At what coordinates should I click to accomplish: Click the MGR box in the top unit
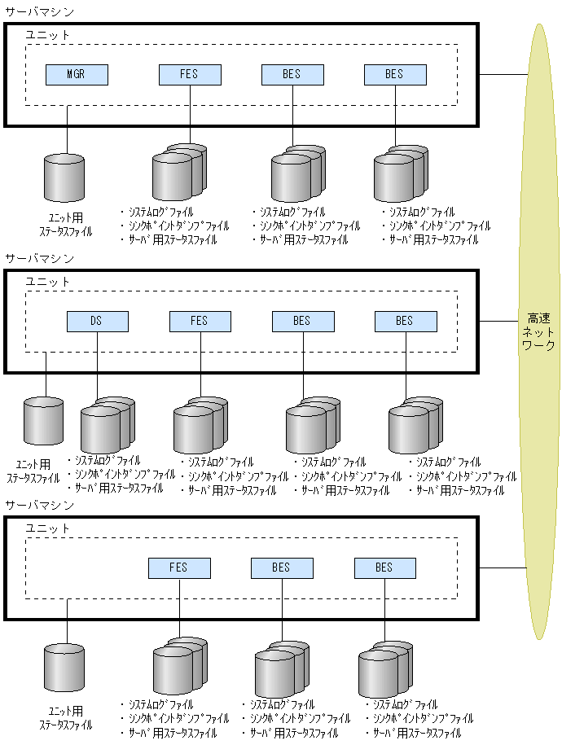pos(77,74)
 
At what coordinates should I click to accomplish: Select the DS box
pos(97,321)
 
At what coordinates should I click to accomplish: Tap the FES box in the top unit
pos(189,74)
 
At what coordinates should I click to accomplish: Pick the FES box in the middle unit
pos(200,321)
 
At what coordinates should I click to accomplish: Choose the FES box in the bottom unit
pos(179,568)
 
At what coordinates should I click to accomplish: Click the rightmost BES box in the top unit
pos(394,74)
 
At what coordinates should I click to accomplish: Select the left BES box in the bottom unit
pos(281,568)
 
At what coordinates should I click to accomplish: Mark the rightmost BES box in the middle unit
pos(405,321)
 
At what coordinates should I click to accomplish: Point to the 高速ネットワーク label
pos(538,332)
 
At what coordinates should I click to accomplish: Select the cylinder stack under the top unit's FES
pos(178,171)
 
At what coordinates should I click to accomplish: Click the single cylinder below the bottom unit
pos(64,664)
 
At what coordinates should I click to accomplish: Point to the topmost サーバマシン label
pos(39,11)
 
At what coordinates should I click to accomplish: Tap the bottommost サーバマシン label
pos(39,505)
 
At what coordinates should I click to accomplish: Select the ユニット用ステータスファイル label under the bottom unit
pos(65,717)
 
